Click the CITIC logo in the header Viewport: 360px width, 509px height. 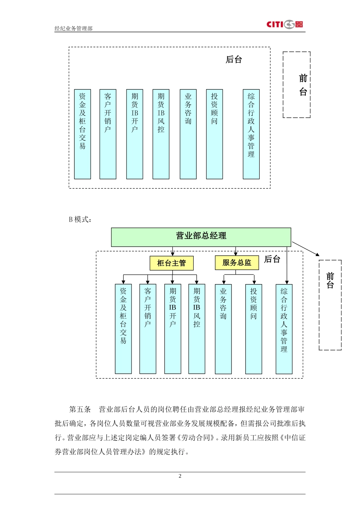(285, 25)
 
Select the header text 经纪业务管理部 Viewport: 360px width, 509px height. (74, 28)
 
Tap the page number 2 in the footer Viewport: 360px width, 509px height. (180, 476)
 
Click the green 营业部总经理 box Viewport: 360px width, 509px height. (201, 237)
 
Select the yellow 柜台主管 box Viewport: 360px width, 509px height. (171, 263)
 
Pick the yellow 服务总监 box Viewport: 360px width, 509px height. (237, 263)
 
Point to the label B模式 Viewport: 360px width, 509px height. (80, 219)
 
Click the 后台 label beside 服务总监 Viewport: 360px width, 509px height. (272, 259)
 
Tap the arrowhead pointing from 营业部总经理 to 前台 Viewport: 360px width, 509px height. (317, 254)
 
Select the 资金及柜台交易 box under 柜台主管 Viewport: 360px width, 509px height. (123, 329)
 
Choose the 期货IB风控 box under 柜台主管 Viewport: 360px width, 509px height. (197, 329)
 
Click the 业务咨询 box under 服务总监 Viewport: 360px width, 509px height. (223, 329)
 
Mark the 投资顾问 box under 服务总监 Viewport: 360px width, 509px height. (254, 329)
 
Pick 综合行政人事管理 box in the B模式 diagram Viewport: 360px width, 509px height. (284, 329)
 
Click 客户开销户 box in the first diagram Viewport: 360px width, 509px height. (108, 134)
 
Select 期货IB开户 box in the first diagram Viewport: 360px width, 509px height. (135, 134)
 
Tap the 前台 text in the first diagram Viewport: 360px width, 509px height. (303, 85)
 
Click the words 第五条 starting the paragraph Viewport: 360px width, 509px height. (80, 409)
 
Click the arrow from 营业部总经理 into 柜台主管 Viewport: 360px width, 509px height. (173, 252)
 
